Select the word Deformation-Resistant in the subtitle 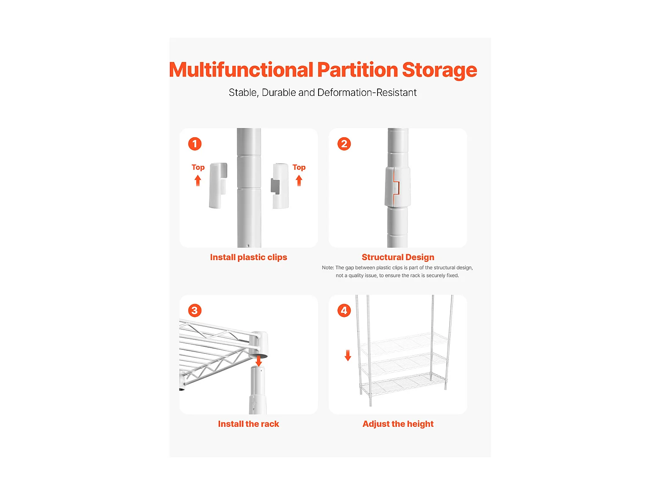click(367, 92)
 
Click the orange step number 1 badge click(195, 144)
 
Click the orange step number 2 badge click(344, 144)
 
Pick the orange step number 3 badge click(195, 310)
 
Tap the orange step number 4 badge click(344, 310)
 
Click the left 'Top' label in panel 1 click(198, 167)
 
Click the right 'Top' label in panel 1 click(299, 167)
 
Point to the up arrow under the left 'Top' click(198, 181)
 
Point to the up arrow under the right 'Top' click(299, 181)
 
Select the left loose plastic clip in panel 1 click(218, 185)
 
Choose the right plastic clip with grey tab click(280, 186)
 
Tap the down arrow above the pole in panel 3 click(259, 361)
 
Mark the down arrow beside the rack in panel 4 click(348, 355)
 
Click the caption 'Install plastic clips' click(248, 257)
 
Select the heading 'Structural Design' click(398, 257)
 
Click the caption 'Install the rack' click(248, 424)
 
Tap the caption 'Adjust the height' click(398, 424)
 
